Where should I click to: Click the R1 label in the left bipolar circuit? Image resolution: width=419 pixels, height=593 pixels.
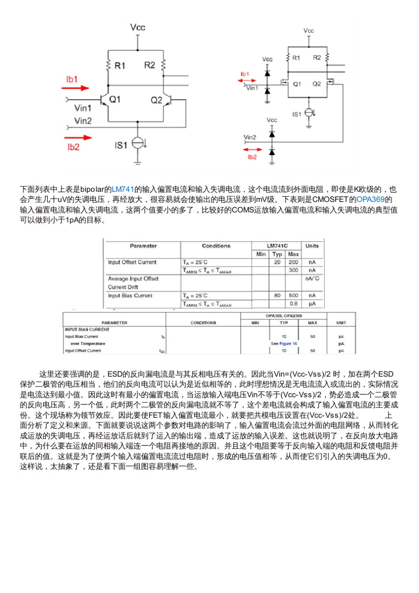(x=120, y=66)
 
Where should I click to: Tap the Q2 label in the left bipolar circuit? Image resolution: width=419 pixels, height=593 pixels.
(x=156, y=100)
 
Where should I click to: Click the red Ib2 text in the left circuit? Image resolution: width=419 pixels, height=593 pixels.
(x=73, y=147)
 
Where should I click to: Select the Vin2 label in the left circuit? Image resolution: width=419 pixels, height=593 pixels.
(x=83, y=121)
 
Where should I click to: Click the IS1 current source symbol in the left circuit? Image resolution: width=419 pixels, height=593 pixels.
(x=138, y=143)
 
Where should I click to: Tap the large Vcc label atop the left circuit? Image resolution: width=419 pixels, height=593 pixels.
(x=138, y=27)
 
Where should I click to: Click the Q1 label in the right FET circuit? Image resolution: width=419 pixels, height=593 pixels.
(x=297, y=84)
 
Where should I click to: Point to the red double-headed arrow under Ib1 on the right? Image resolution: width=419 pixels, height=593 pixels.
(x=247, y=81)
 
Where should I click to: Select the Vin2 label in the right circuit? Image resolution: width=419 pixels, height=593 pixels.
(x=250, y=137)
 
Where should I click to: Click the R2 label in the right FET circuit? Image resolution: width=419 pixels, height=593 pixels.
(x=317, y=58)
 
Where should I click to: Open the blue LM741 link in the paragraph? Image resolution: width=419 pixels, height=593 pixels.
(x=123, y=190)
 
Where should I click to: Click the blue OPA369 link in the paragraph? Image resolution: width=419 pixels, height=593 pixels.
(x=370, y=200)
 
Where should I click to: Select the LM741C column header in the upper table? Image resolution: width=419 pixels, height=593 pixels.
(x=277, y=246)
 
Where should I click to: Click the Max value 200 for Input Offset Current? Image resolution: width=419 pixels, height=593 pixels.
(x=293, y=262)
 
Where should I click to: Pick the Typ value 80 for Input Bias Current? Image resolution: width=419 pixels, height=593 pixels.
(x=277, y=295)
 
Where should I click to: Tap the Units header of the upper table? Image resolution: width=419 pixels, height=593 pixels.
(x=312, y=246)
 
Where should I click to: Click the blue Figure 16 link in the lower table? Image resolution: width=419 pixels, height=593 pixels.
(x=288, y=343)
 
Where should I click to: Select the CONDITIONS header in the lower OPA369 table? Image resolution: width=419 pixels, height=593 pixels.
(x=203, y=323)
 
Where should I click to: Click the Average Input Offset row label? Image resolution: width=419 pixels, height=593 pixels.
(x=133, y=279)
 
